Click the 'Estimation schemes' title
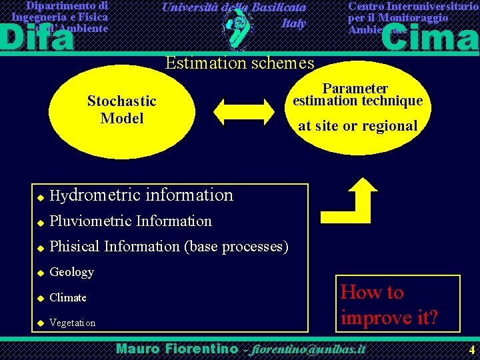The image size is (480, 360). [239, 63]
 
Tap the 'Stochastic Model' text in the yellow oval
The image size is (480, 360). [121, 110]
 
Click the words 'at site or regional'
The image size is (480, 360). [357, 126]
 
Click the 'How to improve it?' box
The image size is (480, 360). [389, 304]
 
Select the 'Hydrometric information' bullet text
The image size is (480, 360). [141, 195]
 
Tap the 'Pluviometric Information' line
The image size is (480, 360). [131, 221]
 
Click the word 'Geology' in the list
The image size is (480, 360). [72, 272]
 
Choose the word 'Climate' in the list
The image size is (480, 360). [68, 297]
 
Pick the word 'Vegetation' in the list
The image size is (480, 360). [73, 323]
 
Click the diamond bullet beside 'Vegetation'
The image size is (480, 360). [40, 323]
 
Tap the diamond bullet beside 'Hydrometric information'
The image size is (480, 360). [40, 197]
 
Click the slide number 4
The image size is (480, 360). [471, 349]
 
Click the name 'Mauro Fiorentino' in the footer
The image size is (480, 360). [177, 349]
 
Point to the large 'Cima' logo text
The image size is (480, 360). [429, 38]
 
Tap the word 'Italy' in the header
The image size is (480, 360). [293, 23]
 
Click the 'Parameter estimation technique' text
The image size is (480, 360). [355, 95]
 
